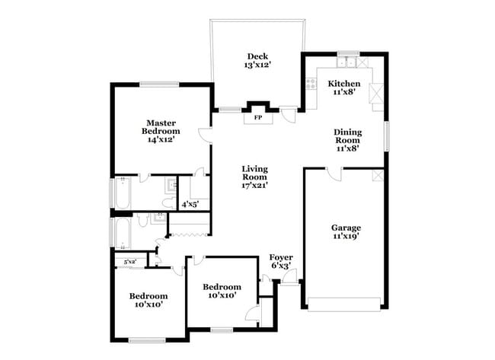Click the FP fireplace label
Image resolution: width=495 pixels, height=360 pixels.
pos(257,118)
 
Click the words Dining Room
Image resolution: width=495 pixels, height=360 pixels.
pos(347,136)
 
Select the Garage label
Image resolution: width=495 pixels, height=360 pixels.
pos(346,228)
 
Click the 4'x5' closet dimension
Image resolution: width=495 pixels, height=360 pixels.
pos(189,204)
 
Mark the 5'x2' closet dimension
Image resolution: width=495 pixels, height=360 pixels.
pos(129,262)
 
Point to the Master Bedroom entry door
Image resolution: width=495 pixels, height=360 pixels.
pos(206,135)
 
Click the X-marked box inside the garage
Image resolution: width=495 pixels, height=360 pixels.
pos(377,176)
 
